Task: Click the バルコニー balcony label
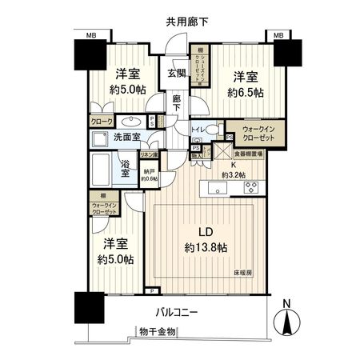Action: tap(177, 312)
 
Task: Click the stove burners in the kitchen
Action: tap(250, 190)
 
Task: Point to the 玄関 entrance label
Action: tap(177, 72)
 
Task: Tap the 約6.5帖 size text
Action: tap(245, 91)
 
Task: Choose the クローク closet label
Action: tap(102, 122)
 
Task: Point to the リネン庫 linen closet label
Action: tap(148, 154)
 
